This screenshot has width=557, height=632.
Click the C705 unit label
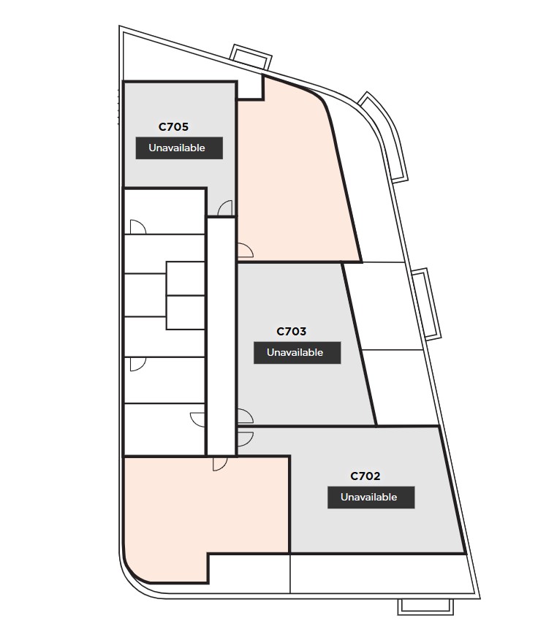point(173,127)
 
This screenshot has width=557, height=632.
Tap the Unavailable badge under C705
point(179,148)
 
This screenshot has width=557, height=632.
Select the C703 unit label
point(291,332)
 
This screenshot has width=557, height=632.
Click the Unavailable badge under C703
point(298,353)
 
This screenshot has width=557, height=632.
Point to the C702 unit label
point(365,476)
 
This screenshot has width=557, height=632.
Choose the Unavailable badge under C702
point(371,498)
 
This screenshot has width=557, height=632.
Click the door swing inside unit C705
point(225,208)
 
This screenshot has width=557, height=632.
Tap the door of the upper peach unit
point(245,251)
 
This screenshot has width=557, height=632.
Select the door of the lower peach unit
point(220,464)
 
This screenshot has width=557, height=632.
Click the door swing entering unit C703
point(245,416)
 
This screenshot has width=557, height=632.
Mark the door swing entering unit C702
point(245,439)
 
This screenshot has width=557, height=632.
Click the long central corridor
point(221,337)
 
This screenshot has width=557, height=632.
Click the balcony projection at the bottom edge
point(425,606)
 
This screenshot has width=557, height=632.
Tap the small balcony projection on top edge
point(251,56)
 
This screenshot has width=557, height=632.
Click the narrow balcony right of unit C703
point(427,303)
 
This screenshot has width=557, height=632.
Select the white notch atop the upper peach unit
point(251,87)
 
